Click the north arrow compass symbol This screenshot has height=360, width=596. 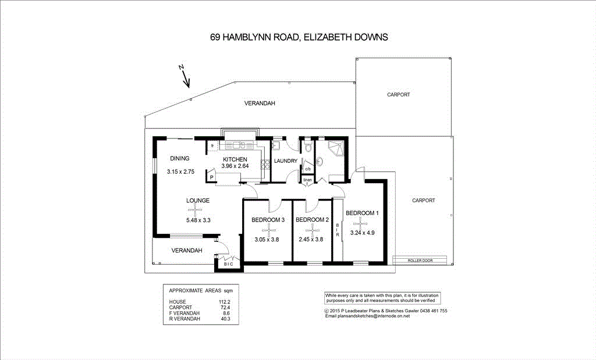[185, 76]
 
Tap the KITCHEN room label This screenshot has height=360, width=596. [235, 159]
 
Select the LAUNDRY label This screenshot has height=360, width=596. [286, 161]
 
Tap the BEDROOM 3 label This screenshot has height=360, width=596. [268, 220]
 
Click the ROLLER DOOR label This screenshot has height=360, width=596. [421, 260]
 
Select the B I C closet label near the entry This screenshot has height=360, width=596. [228, 264]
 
